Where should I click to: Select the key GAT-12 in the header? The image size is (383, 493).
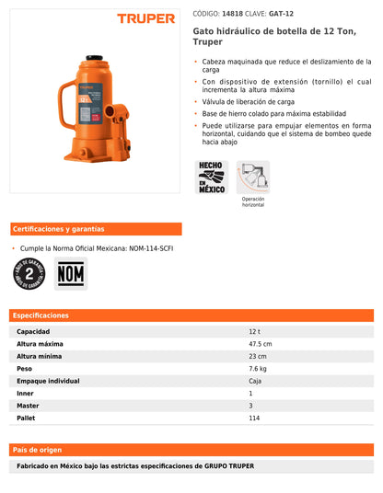pos(281,15)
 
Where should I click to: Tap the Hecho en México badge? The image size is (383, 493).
pos(212,177)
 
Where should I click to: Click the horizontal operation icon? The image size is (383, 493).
pos(253,177)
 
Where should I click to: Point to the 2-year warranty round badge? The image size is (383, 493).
pos(28,273)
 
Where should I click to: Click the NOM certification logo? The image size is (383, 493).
pos(71,273)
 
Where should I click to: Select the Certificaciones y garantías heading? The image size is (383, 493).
pos(58,229)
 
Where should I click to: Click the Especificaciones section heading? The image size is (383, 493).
pos(42,315)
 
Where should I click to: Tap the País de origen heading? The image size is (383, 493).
pos(37,450)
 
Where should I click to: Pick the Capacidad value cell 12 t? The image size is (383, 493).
pos(255,331)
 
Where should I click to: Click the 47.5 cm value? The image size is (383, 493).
pos(260,344)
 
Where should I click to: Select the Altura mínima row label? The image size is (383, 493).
pos(40,356)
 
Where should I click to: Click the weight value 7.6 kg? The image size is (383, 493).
pos(258,369)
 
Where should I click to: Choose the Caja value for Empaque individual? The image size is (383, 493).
pos(255,381)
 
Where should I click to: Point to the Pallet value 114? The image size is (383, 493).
pos(254,418)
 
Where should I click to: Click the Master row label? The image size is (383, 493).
pos(28,406)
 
